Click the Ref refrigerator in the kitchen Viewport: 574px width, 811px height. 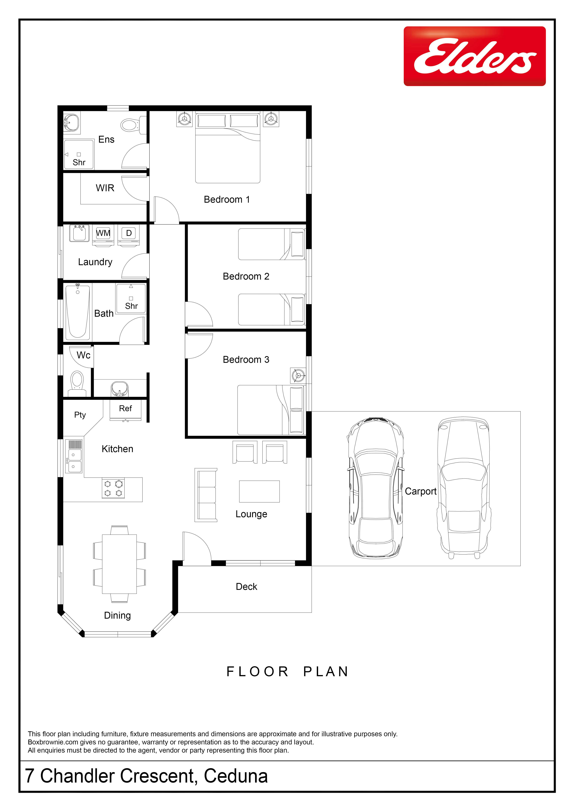click(125, 410)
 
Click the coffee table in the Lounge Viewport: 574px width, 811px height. click(259, 491)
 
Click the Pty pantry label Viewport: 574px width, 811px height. click(80, 415)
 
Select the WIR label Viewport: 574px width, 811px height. click(105, 188)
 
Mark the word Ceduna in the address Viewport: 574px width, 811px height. click(236, 776)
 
